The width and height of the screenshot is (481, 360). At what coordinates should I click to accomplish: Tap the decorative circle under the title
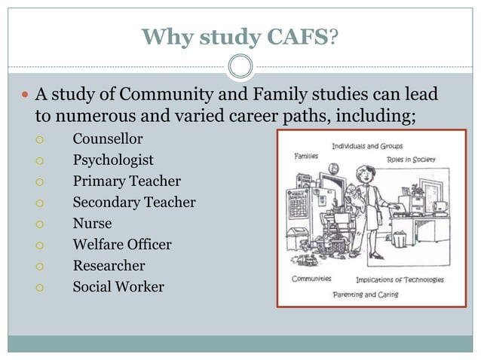pyautogui.click(x=240, y=66)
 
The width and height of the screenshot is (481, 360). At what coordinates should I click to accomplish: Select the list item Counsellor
pyautogui.click(x=107, y=139)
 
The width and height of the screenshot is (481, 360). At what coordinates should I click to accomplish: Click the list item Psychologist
pyautogui.click(x=113, y=160)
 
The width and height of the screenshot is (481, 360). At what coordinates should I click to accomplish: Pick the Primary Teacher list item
pyautogui.click(x=127, y=182)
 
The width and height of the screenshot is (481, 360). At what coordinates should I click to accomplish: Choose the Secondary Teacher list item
pyautogui.click(x=134, y=203)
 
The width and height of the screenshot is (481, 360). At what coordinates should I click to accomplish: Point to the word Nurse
pyautogui.click(x=92, y=224)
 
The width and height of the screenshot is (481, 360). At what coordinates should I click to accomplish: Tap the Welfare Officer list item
pyautogui.click(x=122, y=245)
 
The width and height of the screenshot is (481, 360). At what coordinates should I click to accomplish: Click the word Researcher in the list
pyautogui.click(x=109, y=266)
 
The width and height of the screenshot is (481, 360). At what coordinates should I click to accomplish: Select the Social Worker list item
pyautogui.click(x=118, y=287)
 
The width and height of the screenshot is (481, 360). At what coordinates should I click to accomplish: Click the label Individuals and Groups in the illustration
pyautogui.click(x=367, y=145)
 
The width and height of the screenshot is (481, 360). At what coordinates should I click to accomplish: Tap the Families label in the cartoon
pyautogui.click(x=306, y=156)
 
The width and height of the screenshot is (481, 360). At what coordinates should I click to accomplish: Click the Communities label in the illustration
pyautogui.click(x=311, y=279)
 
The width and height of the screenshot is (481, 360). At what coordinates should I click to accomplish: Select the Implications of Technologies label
pyautogui.click(x=400, y=280)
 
